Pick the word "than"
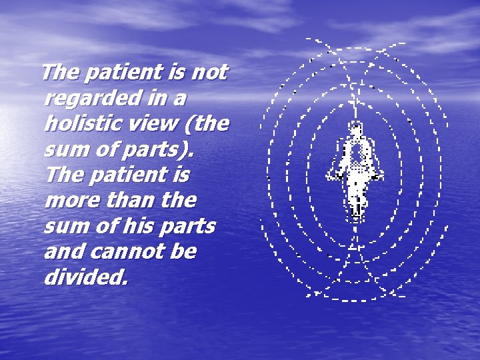pos(127,201)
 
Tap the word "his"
pos(144,227)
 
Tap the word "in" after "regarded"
pos(155,99)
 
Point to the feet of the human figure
pos(357,213)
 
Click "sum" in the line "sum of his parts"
pos(63,227)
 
